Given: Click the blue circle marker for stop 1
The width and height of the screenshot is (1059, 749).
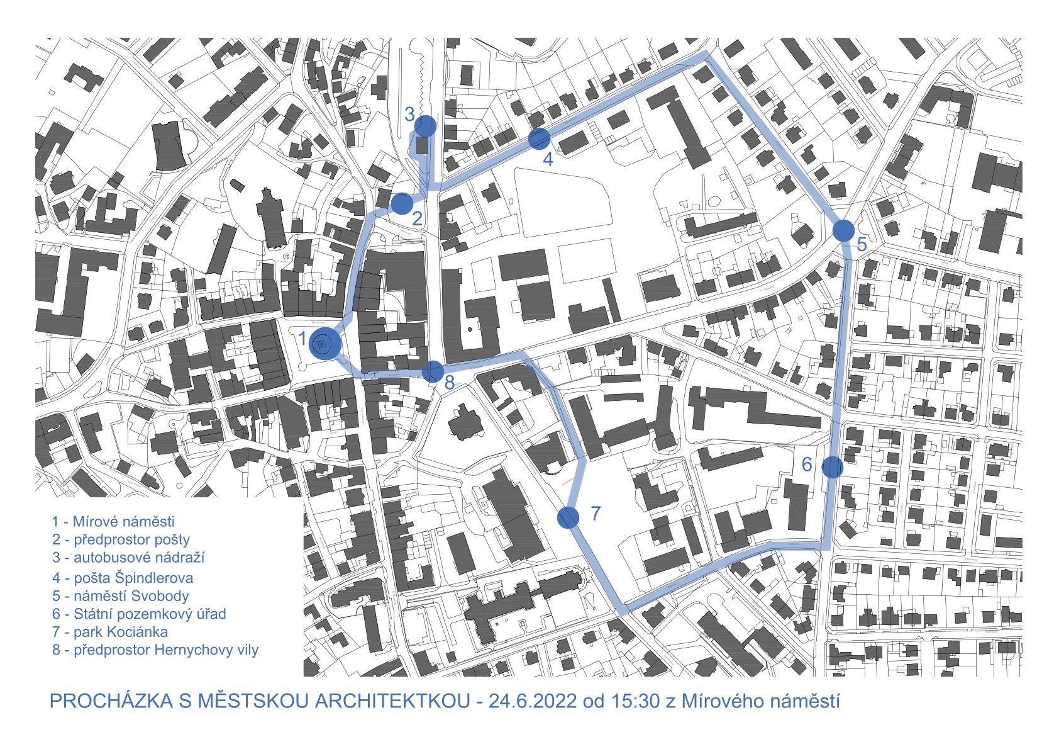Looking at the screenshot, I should coord(324,344).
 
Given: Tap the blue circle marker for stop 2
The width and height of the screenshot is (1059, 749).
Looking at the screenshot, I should coord(402,203).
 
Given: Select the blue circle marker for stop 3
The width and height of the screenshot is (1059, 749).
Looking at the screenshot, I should coord(425,126).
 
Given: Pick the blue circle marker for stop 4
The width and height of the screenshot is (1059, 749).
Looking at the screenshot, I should coord(539,138).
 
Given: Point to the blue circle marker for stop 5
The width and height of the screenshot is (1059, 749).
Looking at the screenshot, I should coord(843,230).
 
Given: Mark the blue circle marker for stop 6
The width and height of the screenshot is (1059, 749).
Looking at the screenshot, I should coord(832,466).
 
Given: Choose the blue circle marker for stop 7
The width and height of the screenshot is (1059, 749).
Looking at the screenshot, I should coord(568,517).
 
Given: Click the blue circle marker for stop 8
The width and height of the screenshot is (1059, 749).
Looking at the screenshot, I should coord(433,371).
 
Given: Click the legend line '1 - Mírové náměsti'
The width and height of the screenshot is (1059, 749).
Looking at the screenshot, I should coord(113,521).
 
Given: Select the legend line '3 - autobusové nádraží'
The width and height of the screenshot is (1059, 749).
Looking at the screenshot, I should coord(128,557).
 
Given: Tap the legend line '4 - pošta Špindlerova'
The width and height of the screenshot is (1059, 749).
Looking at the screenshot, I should coord(123,577).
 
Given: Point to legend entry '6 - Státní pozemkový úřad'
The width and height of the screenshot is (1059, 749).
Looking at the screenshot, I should coord(139,614).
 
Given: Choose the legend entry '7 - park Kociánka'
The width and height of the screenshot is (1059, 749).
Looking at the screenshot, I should coord(110,631).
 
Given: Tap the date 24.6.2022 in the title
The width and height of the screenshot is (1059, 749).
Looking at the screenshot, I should coord(532,701).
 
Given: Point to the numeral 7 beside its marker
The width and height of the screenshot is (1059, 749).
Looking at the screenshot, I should coord(596,514).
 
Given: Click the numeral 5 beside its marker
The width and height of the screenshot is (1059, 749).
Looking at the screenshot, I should coord(862,245).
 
